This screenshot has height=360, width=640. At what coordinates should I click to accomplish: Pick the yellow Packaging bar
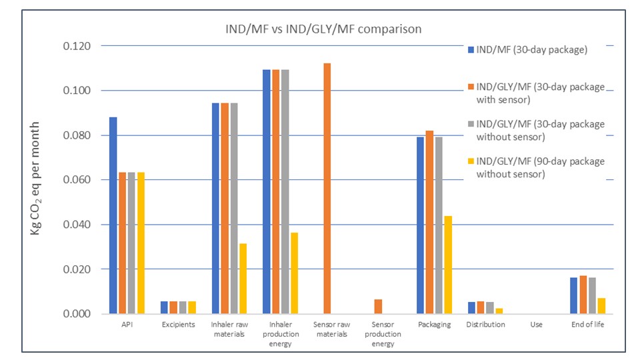[448, 265]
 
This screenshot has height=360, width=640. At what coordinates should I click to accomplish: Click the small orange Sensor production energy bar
[378, 306]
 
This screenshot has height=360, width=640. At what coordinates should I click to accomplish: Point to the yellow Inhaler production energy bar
[294, 273]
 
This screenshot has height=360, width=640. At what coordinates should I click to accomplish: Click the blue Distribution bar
[472, 307]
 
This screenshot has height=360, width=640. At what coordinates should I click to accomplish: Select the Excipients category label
[178, 325]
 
